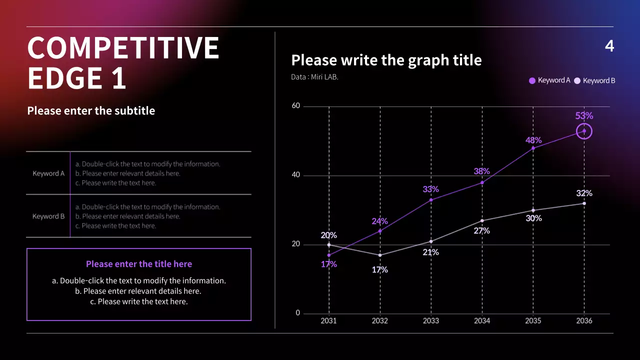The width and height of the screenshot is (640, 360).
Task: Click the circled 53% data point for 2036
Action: point(584,131)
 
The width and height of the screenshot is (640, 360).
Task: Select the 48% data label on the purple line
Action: point(533,140)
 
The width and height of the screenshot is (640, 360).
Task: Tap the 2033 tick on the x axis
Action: point(431,320)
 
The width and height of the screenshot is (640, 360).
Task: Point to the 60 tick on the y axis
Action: point(296,106)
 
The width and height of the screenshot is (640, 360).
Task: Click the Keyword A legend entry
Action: point(550,80)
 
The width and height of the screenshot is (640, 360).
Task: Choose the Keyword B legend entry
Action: point(595,80)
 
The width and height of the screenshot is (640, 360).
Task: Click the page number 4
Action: point(609,46)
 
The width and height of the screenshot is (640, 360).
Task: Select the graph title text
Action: point(386,60)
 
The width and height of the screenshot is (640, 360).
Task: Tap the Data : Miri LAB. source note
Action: point(314,77)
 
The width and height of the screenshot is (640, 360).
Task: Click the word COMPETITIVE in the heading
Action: point(123,48)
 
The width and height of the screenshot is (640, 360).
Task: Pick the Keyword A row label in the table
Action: point(48,173)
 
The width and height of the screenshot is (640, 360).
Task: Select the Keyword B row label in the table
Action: point(48,216)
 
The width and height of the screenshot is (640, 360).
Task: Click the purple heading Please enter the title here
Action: point(139,264)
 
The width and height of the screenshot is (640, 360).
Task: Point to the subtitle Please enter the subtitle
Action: point(91,111)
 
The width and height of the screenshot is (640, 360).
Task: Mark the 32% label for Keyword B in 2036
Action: point(584,193)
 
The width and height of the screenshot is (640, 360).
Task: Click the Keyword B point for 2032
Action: point(380,255)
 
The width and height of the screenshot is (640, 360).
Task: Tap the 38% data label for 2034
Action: point(481,171)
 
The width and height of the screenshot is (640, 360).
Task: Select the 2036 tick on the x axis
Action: point(584,320)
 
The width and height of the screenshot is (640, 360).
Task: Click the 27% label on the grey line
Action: point(481,231)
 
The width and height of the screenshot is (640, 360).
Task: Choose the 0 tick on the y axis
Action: point(298,313)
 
